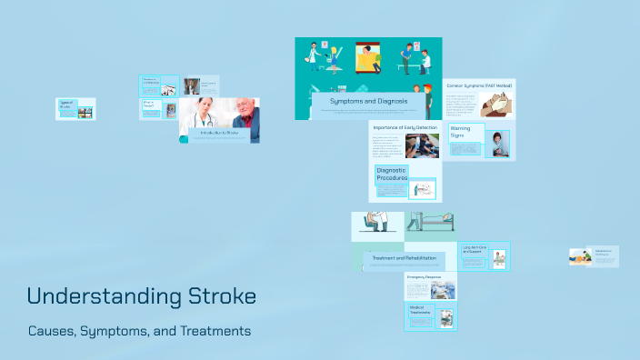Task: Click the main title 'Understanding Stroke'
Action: point(141,296)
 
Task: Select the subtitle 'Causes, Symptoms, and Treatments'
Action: point(138,331)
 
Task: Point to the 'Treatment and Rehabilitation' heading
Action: point(405,258)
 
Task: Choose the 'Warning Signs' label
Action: point(461,132)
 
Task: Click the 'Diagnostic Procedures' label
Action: point(392,173)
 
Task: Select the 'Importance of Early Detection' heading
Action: point(405,127)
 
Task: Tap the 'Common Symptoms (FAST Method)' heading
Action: point(479,85)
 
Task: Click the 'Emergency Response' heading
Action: point(423,275)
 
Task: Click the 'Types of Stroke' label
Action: point(65,104)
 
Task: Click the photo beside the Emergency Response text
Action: point(443,290)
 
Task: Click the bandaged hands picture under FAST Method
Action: point(495,107)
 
